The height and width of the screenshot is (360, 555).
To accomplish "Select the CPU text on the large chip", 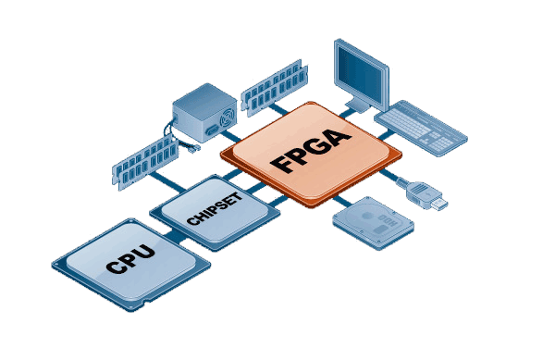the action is point(129,256).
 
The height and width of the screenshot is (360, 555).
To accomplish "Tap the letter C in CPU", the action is point(113,266).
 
